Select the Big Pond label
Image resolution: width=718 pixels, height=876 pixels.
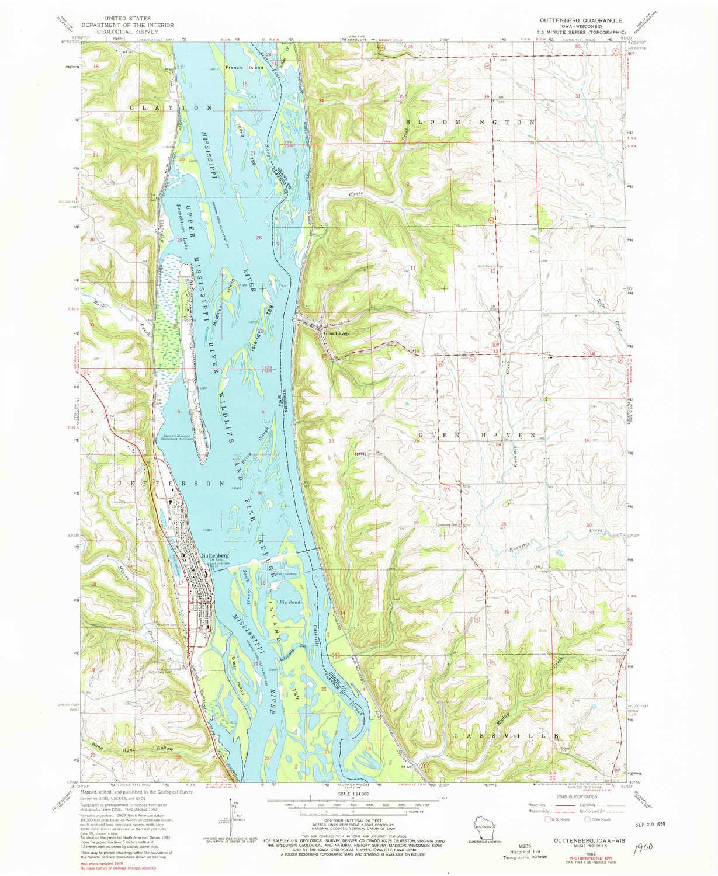(290, 602)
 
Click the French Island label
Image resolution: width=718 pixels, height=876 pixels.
(240, 68)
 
